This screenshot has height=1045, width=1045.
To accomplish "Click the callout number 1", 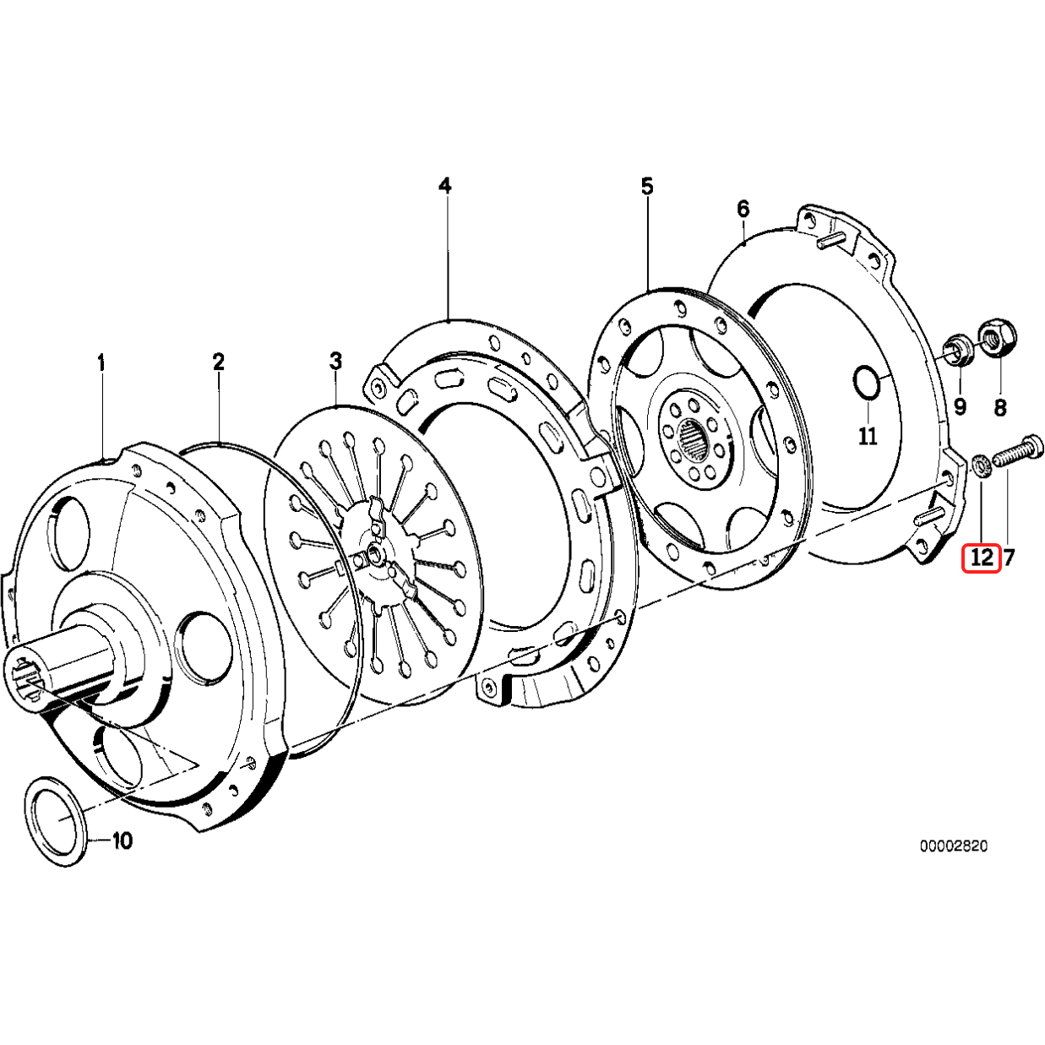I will tap(101, 364).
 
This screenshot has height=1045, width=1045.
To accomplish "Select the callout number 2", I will tap(219, 362).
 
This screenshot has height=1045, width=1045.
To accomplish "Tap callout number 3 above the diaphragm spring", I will tap(336, 362).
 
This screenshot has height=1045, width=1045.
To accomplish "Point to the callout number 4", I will tap(445, 186).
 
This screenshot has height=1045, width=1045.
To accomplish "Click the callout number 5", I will tap(647, 186).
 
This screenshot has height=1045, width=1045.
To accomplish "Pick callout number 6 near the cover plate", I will tap(743, 209).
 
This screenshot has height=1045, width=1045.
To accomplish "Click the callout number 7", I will tap(1010, 558).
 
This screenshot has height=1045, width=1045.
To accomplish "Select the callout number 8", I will tap(1000, 409).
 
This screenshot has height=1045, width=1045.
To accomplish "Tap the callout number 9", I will tap(960, 407).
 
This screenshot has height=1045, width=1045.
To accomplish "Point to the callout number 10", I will tap(122, 841).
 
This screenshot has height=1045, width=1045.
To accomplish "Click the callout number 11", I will tap(868, 437).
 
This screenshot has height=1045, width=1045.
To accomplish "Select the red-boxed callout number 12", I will tap(982, 558).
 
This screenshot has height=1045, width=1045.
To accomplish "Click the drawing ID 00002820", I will tap(954, 846).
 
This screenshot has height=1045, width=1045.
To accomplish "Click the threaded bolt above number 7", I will tap(1018, 452).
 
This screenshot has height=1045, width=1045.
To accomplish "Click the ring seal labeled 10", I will tap(56, 819).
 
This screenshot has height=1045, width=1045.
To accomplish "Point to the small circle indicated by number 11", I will tap(866, 382).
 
